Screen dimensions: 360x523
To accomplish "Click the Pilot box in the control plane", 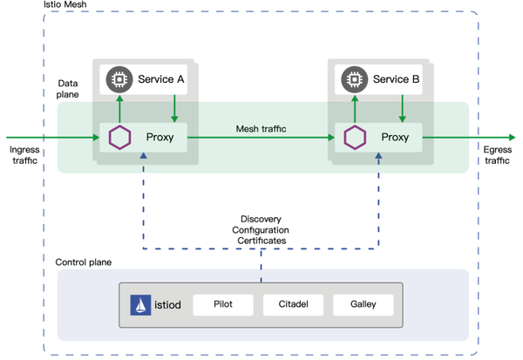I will [223, 305].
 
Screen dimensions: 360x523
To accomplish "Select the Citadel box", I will [292, 305].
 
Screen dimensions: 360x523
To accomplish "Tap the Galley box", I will [362, 305].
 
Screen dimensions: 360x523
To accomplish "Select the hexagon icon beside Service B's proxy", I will [353, 138].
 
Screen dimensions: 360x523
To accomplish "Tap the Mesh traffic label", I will [261, 129].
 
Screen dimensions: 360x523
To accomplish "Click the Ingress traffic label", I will [24, 155].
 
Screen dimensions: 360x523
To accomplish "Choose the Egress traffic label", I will [499, 155].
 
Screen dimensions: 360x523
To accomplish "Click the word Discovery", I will [261, 219].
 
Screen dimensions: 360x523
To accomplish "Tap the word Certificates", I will [261, 240].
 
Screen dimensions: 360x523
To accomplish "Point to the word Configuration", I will [261, 229].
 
